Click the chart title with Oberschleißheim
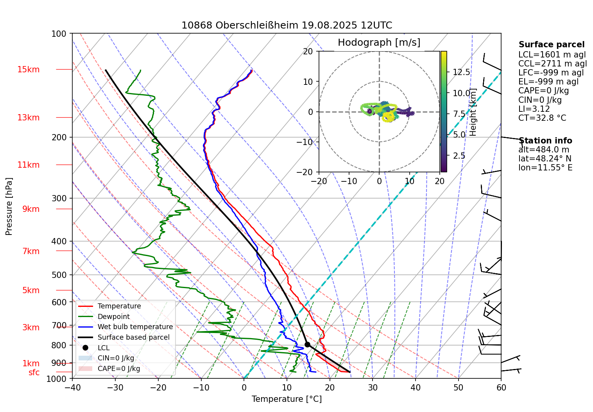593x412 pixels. point(287,25)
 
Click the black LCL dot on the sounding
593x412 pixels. point(307,344)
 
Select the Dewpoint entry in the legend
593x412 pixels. point(113,317)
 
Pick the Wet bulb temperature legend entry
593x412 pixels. point(135,327)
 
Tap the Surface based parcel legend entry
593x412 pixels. point(133,337)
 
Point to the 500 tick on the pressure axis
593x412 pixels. point(59,275)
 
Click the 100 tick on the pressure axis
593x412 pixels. point(59,34)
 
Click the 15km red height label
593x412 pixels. point(28,70)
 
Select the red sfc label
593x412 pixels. point(34,373)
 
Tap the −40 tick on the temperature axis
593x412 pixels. point(72,387)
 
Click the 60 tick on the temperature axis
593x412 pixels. point(501,387)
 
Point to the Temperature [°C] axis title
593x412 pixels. point(287,399)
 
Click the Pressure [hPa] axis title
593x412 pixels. point(9,206)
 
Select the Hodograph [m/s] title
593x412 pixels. point(379,43)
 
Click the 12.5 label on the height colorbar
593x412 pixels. point(461,72)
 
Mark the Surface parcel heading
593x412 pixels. point(552,45)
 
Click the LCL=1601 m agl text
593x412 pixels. point(552,55)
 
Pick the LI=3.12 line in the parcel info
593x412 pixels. point(534,109)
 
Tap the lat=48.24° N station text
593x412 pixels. point(545,159)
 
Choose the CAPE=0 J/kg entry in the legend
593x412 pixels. point(118,369)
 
